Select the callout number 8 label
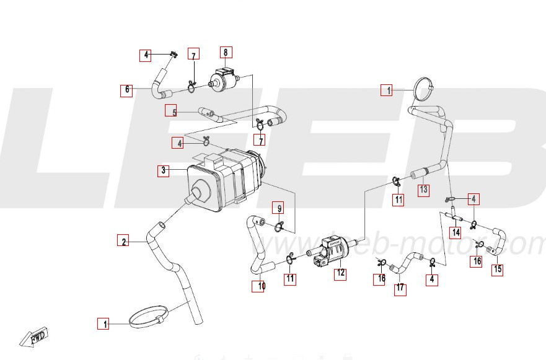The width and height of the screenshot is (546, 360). click(226, 53)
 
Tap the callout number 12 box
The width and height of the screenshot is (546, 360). click(340, 273)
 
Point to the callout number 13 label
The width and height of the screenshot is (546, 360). click(423, 190)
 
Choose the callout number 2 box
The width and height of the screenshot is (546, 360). click(124, 241)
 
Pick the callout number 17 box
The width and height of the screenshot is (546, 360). click(400, 288)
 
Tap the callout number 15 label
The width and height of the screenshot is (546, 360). click(498, 270)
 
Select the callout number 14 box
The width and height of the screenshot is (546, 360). click(456, 233)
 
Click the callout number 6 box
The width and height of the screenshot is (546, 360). click(127, 90)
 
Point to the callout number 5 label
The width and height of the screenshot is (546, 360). click(174, 112)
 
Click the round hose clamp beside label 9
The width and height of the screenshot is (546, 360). click(280, 224)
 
